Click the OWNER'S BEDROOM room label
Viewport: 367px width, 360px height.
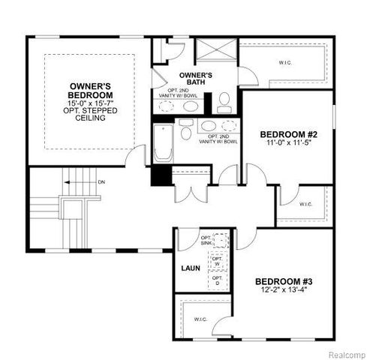(92, 91)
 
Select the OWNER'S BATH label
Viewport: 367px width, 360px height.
(196, 79)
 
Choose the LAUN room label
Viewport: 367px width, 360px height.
(188, 267)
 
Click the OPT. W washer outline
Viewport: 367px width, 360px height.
(218, 262)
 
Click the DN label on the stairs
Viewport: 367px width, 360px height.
(101, 182)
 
